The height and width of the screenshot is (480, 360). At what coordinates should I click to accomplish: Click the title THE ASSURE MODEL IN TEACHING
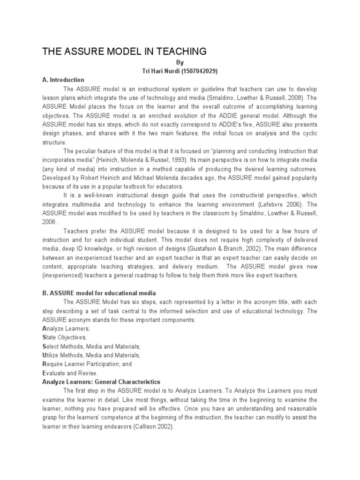tap(124, 51)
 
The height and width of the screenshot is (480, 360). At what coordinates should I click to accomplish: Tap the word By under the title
tap(180, 62)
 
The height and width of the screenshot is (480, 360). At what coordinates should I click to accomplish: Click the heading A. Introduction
tap(63, 80)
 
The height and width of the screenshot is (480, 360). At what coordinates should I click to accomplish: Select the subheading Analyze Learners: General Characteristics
tap(101, 382)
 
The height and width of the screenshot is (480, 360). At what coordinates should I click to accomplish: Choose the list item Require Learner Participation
tap(87, 364)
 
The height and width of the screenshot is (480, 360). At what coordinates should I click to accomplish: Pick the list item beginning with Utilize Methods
tap(91, 355)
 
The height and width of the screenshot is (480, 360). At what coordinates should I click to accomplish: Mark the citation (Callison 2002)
tap(150, 426)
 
